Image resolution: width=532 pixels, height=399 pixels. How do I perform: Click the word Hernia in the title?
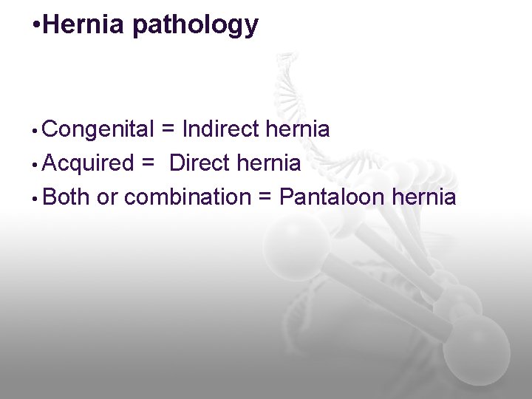click(x=85, y=25)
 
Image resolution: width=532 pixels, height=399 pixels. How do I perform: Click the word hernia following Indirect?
click(x=298, y=130)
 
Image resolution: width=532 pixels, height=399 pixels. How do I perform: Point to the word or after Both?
click(x=107, y=198)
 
